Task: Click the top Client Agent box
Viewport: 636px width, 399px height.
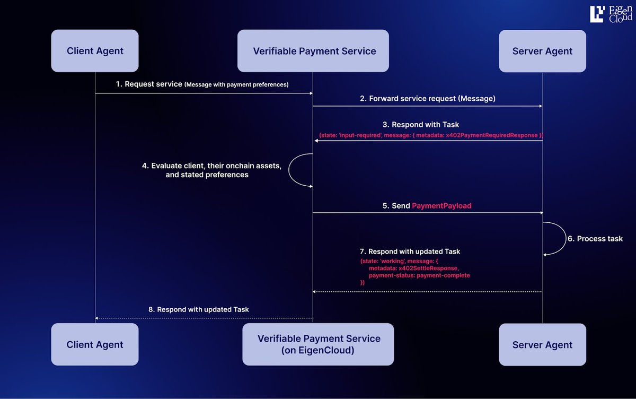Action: (x=95, y=51)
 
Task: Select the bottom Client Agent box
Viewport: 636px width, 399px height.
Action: (x=95, y=344)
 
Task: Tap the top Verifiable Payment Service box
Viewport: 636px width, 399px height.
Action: (x=313, y=51)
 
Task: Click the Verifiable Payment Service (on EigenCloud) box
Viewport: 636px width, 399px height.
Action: (x=318, y=344)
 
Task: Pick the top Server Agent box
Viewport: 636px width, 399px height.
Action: (x=542, y=51)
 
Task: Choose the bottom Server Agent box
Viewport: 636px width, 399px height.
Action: (x=542, y=344)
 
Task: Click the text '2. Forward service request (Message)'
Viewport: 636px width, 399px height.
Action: (x=427, y=98)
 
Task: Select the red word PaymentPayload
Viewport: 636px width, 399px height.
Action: (x=441, y=205)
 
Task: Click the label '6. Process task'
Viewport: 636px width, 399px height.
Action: (x=595, y=239)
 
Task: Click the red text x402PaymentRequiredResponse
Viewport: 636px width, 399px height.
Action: (x=498, y=136)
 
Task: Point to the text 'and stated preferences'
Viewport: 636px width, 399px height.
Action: (x=207, y=175)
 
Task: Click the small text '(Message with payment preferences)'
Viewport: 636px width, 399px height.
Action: (x=236, y=85)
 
